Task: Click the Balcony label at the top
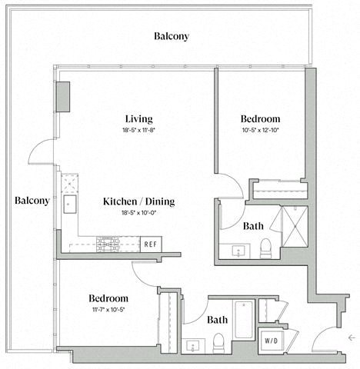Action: pyautogui.click(x=171, y=36)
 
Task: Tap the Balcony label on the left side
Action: pyautogui.click(x=32, y=201)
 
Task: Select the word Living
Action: pyautogui.click(x=139, y=119)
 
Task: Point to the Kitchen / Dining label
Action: pyautogui.click(x=139, y=202)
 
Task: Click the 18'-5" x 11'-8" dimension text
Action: pyautogui.click(x=139, y=131)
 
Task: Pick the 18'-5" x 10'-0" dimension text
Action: pyautogui.click(x=139, y=214)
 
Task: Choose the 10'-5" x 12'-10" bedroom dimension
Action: pyautogui.click(x=260, y=131)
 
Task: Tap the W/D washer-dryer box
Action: pyautogui.click(x=272, y=339)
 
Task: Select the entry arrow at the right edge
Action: pyautogui.click(x=351, y=337)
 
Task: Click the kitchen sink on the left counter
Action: pyautogui.click(x=69, y=204)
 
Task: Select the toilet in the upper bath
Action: pyautogui.click(x=265, y=247)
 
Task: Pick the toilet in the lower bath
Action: pyautogui.click(x=218, y=340)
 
